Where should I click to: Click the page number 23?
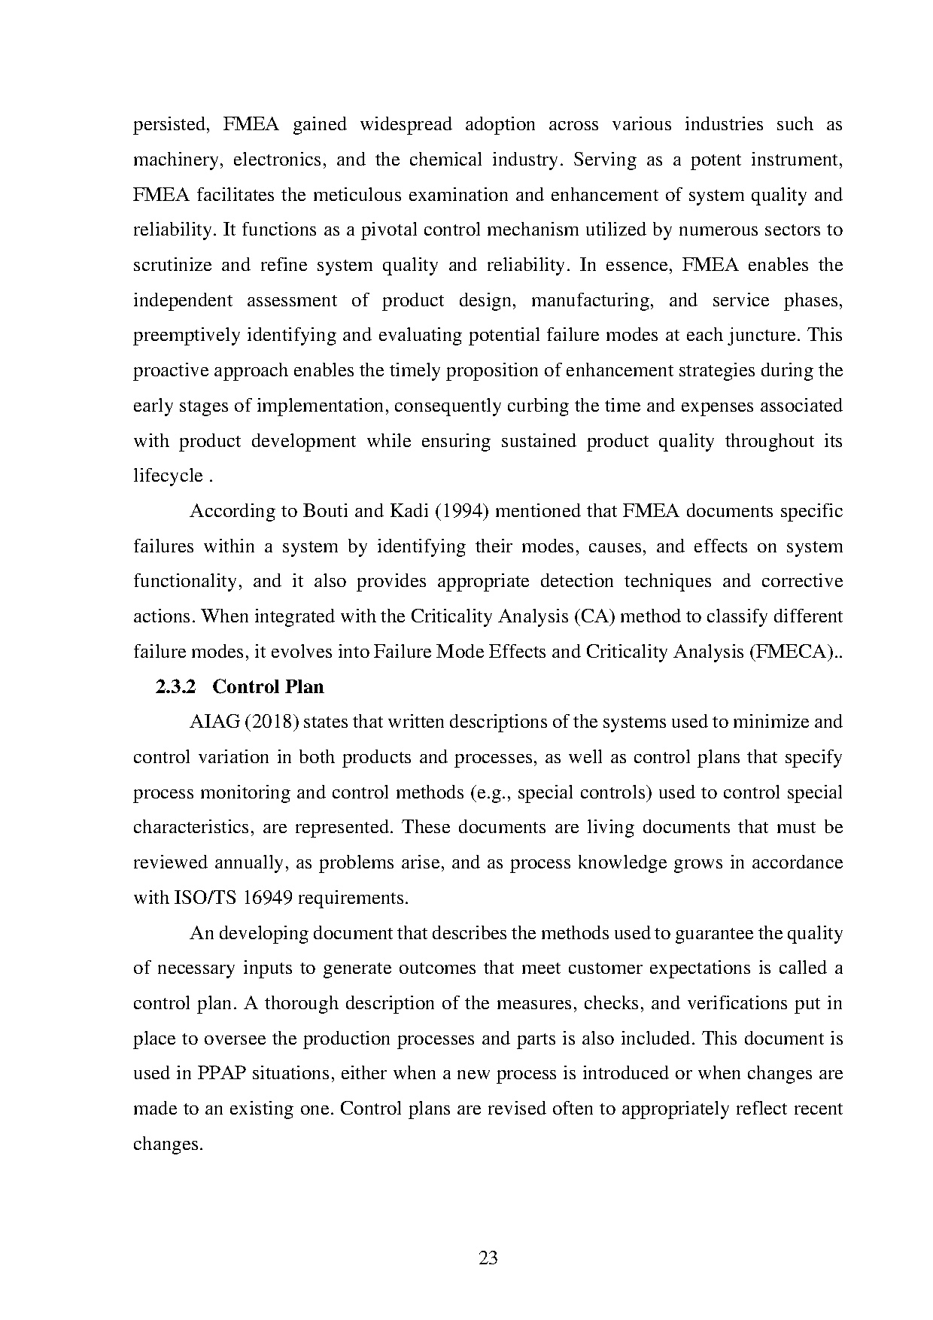click(488, 1258)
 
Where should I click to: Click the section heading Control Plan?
click(269, 687)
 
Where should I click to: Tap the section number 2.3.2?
click(175, 687)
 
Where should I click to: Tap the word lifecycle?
click(168, 476)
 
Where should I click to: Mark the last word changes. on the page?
click(168, 1145)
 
